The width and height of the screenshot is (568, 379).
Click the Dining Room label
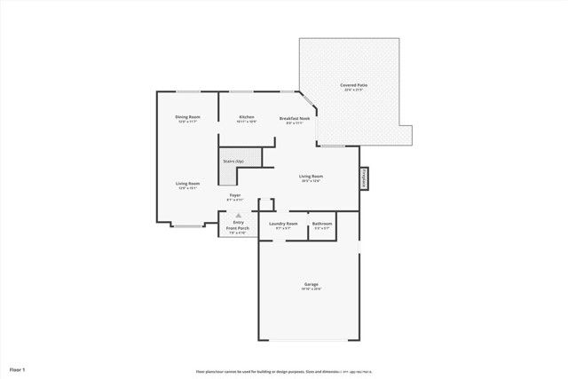pyautogui.click(x=187, y=117)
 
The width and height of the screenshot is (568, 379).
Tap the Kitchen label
pyautogui.click(x=247, y=117)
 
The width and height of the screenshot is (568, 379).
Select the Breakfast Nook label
pyautogui.click(x=295, y=117)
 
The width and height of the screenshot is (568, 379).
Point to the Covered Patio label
pyautogui.click(x=354, y=85)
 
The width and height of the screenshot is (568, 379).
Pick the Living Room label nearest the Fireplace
pyautogui.click(x=310, y=176)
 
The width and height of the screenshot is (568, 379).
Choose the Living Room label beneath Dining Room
pyautogui.click(x=187, y=183)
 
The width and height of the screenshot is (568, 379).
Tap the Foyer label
pyautogui.click(x=235, y=194)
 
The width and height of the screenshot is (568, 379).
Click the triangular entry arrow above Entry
pyautogui.click(x=237, y=215)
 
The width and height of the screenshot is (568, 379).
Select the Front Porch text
pyautogui.click(x=237, y=228)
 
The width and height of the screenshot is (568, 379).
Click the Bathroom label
pyautogui.click(x=322, y=224)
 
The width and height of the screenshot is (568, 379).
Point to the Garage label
pyautogui.click(x=311, y=284)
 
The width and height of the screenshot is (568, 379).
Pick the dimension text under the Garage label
pyautogui.click(x=311, y=289)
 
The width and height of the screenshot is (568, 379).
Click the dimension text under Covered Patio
pyautogui.click(x=354, y=91)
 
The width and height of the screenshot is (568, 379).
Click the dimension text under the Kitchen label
pyautogui.click(x=247, y=122)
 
